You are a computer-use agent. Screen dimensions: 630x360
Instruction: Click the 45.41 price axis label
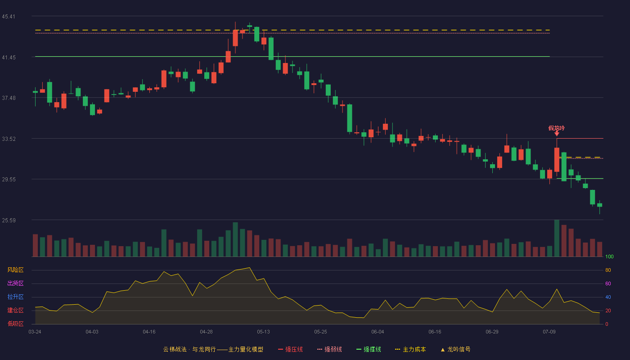[x=9, y=17]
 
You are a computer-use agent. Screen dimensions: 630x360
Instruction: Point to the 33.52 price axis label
[x=9, y=139]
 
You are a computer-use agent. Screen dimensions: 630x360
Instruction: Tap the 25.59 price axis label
[x=9, y=220]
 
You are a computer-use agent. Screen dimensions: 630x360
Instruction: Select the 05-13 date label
[x=263, y=332]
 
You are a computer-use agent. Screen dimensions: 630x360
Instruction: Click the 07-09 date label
[x=549, y=332]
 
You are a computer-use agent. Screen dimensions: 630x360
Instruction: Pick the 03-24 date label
[x=35, y=332]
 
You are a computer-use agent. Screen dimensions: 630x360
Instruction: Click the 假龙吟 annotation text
[x=557, y=128]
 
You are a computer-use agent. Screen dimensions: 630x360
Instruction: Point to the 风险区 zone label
[x=15, y=270]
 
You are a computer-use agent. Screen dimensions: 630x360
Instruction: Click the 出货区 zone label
[x=15, y=283]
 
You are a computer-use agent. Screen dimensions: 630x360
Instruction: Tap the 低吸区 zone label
[x=15, y=324]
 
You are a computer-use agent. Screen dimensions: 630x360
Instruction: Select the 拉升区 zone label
[x=15, y=297]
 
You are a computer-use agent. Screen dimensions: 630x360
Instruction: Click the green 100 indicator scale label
[x=609, y=256]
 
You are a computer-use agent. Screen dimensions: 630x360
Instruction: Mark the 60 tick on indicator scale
[x=608, y=283]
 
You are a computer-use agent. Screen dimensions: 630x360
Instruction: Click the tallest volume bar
[x=557, y=238]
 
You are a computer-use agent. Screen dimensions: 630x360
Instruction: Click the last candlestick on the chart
[x=599, y=207]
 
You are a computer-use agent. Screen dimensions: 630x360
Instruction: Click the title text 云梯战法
[x=175, y=349]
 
